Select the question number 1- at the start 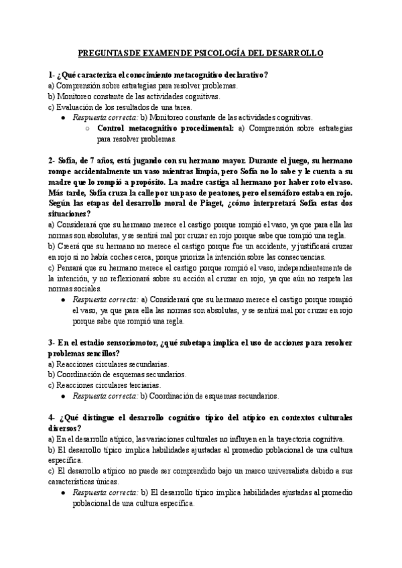(52, 75)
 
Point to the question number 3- (52, 342)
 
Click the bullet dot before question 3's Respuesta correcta (63, 396)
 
